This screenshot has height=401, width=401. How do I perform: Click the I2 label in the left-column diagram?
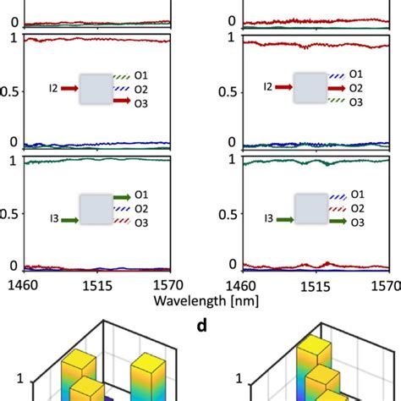coord(55,87)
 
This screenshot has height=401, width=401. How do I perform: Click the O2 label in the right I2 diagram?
coord(357,87)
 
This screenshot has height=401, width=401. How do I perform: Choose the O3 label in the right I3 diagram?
coord(357,223)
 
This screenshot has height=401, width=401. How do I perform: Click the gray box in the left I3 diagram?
coord(97,209)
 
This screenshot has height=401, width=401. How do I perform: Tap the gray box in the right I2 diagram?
coord(311,87)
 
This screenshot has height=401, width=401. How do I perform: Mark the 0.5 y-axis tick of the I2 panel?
coord(10,91)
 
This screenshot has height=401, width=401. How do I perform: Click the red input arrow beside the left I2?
coord(70,87)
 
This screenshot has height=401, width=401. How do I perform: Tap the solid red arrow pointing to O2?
coord(336,87)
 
